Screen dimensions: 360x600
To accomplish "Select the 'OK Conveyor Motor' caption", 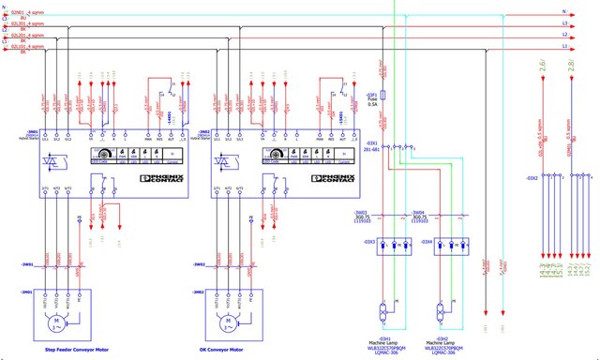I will (228, 350).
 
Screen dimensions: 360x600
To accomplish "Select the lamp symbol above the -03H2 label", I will (441, 310).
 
